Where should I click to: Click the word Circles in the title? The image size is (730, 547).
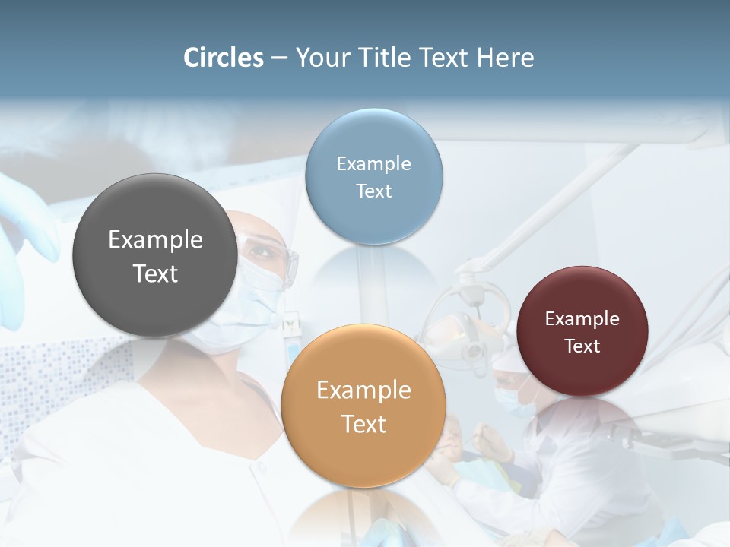[223, 58]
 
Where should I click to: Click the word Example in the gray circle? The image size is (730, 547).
[155, 240]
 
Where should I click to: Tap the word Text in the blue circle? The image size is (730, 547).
[373, 191]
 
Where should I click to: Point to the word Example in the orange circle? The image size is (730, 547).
[363, 390]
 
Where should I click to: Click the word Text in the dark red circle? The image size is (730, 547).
[582, 346]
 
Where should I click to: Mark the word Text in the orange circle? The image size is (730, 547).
[363, 424]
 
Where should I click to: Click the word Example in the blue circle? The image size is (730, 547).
[373, 164]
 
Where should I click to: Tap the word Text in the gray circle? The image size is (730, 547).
[155, 273]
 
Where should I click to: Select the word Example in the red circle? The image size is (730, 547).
[582, 319]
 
